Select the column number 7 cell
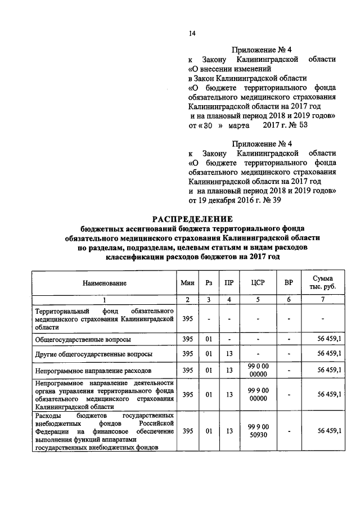[x=323, y=299]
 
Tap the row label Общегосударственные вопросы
[x=83, y=340]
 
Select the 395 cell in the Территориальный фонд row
[x=187, y=319]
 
